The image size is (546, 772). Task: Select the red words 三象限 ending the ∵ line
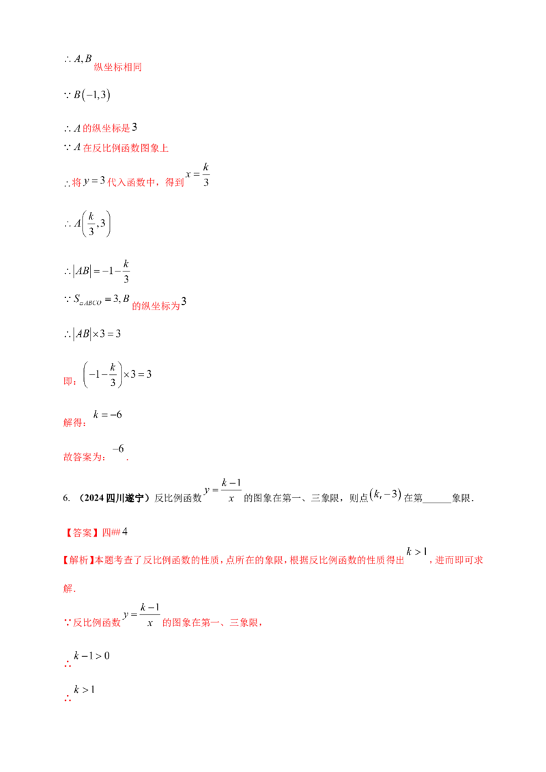[246, 622]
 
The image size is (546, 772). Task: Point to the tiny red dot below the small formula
[128, 462]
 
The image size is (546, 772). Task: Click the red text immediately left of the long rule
[68, 383]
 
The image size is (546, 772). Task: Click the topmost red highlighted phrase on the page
[117, 68]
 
